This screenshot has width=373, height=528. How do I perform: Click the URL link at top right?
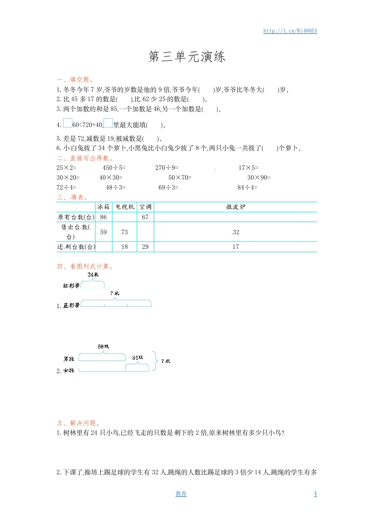(290, 31)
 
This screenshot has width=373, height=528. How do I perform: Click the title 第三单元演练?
(187, 57)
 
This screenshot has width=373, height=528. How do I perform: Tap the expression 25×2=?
(66, 168)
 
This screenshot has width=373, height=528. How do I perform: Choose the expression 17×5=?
(248, 168)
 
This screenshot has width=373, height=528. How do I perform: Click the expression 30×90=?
(259, 177)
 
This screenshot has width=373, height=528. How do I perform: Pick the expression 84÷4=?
(247, 187)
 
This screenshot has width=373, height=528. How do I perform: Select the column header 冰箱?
(103, 207)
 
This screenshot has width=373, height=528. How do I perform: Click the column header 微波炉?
(235, 207)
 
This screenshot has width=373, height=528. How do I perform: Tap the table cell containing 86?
(103, 217)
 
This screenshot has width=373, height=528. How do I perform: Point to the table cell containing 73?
(125, 232)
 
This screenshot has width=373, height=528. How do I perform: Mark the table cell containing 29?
(145, 247)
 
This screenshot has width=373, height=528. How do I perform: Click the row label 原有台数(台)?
(76, 217)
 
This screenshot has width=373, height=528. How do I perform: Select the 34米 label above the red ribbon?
(93, 274)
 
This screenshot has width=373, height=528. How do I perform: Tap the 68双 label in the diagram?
(103, 347)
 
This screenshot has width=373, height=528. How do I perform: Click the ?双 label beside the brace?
(166, 361)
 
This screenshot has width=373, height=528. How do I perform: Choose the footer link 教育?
(181, 494)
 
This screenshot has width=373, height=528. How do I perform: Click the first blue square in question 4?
(67, 124)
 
